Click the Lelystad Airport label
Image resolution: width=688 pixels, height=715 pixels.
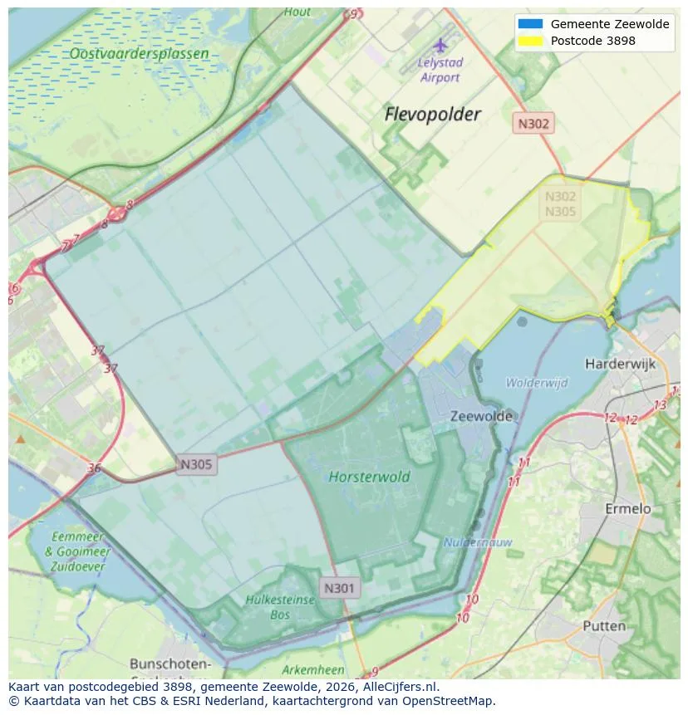pos(440,71)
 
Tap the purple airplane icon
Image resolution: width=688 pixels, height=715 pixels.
pos(440,45)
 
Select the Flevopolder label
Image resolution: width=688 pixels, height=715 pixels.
pos(432,115)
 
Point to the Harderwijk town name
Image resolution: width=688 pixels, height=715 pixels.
pos(620,364)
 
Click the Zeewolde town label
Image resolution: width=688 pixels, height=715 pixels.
pos(481,416)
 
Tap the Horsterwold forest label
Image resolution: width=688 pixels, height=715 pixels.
pos(369,477)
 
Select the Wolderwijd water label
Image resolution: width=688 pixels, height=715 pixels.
pos(537,383)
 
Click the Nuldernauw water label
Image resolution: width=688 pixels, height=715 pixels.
pos(477,542)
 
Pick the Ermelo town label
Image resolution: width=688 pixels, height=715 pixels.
pos(627,508)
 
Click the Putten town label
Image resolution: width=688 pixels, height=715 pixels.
pos(603,625)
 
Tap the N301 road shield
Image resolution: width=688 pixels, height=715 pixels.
pos(339,588)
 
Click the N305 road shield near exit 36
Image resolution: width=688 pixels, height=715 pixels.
pos(196,464)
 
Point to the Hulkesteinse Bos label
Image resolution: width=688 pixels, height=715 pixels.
pos(280,606)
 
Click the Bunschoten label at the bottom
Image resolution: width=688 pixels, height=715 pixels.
pos(170,664)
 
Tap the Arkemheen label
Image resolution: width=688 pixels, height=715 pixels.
pos(312,669)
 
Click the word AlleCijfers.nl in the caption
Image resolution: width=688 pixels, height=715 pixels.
pos(396,687)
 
